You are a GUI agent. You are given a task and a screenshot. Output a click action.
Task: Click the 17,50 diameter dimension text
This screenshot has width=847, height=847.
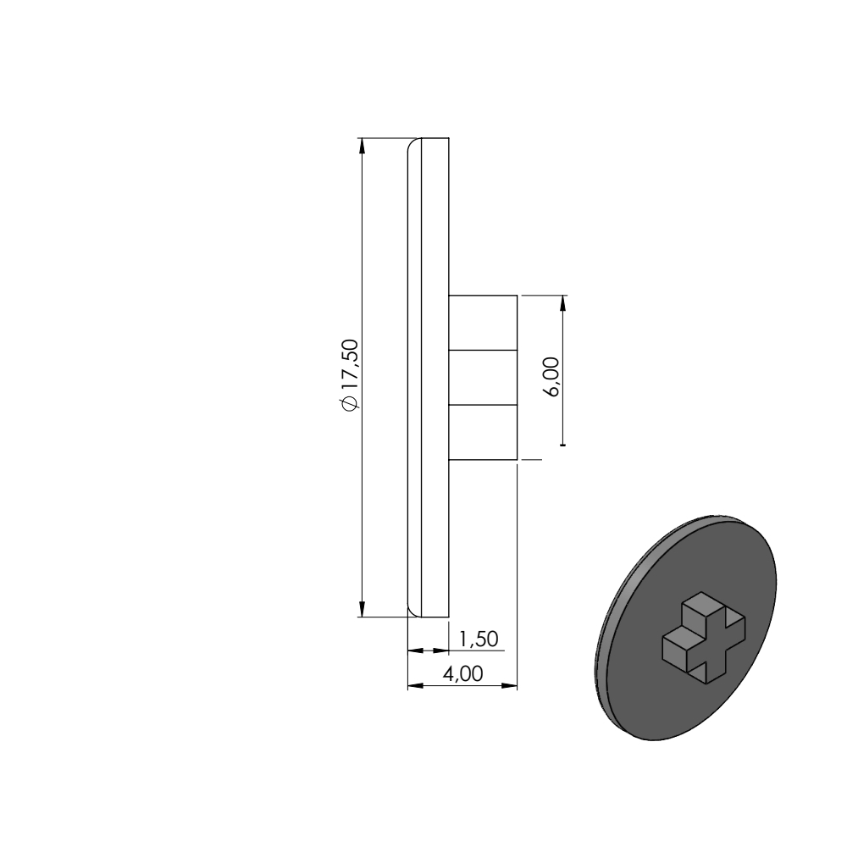click(x=350, y=375)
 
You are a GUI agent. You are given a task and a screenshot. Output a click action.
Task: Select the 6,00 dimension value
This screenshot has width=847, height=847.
click(x=552, y=377)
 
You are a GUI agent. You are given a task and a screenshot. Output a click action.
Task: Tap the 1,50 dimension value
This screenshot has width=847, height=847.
click(x=478, y=639)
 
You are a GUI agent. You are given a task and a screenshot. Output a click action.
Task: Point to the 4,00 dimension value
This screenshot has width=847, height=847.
click(x=462, y=673)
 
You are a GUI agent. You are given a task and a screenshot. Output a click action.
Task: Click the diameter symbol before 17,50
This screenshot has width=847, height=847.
click(x=350, y=403)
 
